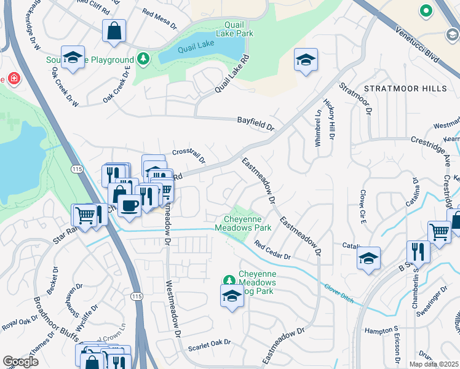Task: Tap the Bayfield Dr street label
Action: [x=255, y=124]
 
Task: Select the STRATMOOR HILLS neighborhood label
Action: [x=405, y=89]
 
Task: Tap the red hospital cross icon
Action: [x=12, y=79]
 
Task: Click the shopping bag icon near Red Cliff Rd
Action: [x=114, y=30]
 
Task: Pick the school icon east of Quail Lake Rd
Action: [x=306, y=60]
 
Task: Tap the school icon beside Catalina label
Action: [x=368, y=258]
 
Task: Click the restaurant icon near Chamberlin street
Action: [x=417, y=252]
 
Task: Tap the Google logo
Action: [x=20, y=362]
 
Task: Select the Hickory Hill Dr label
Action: [x=331, y=124]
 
